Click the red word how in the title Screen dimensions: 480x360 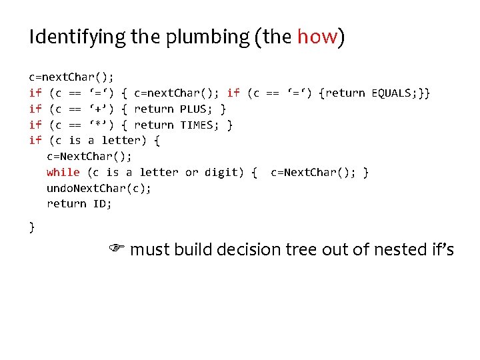317,37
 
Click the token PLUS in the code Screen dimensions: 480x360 194,109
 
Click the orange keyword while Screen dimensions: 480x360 63,173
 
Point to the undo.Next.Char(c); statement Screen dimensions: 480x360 99,188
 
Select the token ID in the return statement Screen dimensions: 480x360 102,204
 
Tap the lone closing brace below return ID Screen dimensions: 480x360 32,227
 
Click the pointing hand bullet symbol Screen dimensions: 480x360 117,249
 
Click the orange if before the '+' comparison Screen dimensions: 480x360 35,109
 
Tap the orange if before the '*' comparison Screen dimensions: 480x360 35,125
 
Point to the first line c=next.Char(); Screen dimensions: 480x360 71,77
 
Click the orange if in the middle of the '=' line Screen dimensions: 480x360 233,93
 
